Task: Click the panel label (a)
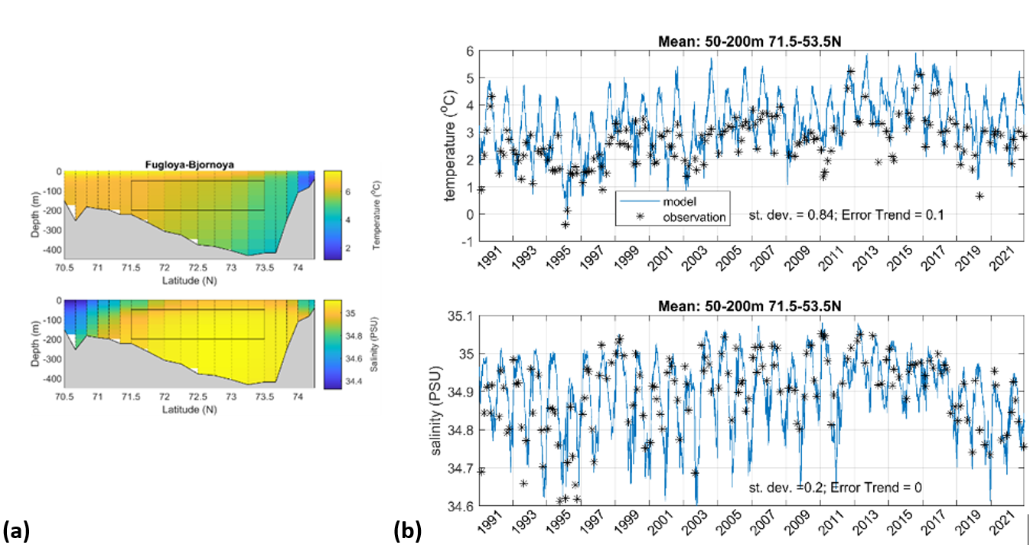click(16, 530)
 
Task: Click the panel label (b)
click(407, 530)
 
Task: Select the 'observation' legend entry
click(683, 217)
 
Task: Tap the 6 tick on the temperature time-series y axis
click(465, 51)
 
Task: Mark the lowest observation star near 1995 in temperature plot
click(565, 224)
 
